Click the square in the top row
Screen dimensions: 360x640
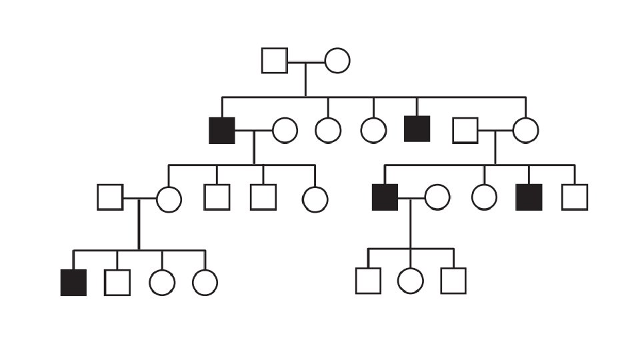coord(275,61)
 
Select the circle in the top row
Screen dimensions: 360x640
coord(337,61)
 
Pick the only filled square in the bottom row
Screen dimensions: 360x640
coord(73,283)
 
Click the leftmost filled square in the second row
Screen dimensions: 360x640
coord(222,130)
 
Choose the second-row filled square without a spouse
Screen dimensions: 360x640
coord(417,129)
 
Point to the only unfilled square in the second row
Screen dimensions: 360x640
coord(465,130)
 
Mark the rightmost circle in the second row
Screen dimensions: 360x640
coord(525,130)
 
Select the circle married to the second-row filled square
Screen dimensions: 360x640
coord(285,130)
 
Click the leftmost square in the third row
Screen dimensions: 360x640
coord(110,197)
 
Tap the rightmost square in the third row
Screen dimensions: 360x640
coord(575,197)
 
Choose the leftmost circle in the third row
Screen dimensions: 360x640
coord(169,199)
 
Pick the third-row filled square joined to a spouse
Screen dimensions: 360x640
coord(385,197)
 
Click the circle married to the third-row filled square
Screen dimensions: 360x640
coord(437,197)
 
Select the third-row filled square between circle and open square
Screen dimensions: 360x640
coord(529,197)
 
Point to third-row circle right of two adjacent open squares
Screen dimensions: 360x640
coord(315,199)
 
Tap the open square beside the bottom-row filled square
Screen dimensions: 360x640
coord(117,283)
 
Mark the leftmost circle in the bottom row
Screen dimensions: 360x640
coord(162,283)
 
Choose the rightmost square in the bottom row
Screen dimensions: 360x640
coord(453,281)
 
